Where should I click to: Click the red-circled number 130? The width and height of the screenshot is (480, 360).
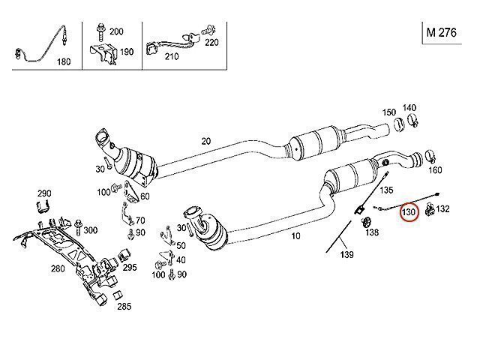[x=409, y=212]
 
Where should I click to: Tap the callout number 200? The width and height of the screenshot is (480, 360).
[x=116, y=31]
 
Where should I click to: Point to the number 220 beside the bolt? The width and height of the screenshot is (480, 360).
[x=212, y=42]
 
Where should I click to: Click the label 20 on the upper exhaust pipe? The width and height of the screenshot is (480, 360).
[x=206, y=140]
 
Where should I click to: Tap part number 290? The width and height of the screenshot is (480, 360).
[x=43, y=193]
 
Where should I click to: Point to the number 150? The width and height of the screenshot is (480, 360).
[x=388, y=112]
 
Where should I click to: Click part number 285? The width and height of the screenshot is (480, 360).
[x=123, y=306]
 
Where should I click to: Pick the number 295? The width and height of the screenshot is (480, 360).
[x=130, y=267]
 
